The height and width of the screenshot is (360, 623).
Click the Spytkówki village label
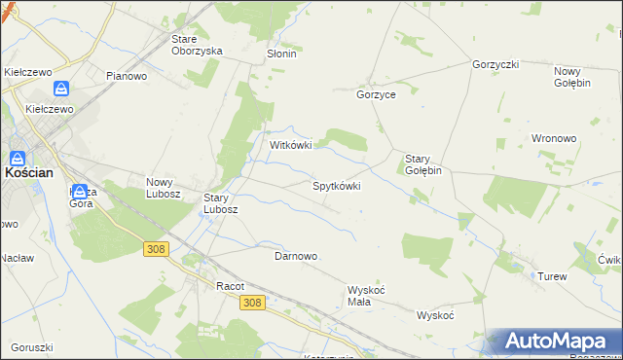[336, 185]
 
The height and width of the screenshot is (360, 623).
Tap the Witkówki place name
[290, 145]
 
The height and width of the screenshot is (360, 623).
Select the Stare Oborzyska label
[197, 45]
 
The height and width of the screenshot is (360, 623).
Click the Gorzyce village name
[376, 95]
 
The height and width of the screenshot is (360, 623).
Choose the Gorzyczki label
[495, 64]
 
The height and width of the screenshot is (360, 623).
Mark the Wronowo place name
[556, 138]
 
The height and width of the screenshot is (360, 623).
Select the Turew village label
[552, 277]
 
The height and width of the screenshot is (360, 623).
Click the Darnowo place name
[296, 256]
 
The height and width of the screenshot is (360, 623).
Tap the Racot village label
[230, 286]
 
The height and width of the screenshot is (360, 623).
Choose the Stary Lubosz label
[220, 202]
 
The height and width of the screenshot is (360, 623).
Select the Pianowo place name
[127, 76]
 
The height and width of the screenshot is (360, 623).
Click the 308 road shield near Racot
[251, 303]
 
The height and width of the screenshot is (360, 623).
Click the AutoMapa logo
[554, 342]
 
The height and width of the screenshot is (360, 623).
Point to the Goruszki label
[32, 347]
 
